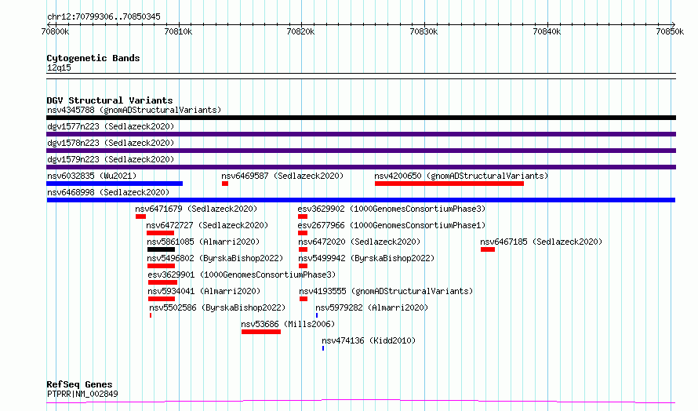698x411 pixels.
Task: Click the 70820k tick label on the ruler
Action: pyautogui.click(x=300, y=31)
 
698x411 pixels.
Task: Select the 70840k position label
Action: pyautogui.click(x=547, y=31)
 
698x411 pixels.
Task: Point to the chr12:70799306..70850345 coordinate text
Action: pyautogui.click(x=104, y=16)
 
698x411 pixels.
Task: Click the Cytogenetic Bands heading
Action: pyautogui.click(x=93, y=58)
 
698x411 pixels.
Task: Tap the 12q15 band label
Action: pyautogui.click(x=59, y=67)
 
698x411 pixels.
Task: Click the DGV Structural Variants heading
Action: pyautogui.click(x=110, y=100)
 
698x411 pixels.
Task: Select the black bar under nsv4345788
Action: pyautogui.click(x=361, y=118)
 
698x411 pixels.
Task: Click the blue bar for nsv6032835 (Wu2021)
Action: pyautogui.click(x=115, y=184)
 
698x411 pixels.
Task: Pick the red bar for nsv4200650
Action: pyautogui.click(x=449, y=184)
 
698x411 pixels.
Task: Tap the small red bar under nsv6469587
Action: pyautogui.click(x=225, y=184)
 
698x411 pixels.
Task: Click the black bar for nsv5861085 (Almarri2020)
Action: pyautogui.click(x=161, y=249)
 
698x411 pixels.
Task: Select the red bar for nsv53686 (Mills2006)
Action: pyautogui.click(x=261, y=332)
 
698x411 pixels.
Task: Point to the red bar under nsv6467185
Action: pyautogui.click(x=488, y=249)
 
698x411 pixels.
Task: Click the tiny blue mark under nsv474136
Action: pyautogui.click(x=323, y=348)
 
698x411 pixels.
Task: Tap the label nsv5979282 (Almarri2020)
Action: pyautogui.click(x=372, y=307)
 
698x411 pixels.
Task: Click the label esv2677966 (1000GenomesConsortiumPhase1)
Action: pyautogui.click(x=391, y=225)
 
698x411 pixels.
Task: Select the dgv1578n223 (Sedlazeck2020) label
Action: pyautogui.click(x=111, y=143)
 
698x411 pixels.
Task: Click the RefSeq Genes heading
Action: pyautogui.click(x=80, y=384)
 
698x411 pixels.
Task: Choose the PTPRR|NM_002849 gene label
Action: pyautogui.click(x=82, y=394)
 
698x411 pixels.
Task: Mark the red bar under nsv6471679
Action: pyautogui.click(x=140, y=216)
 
